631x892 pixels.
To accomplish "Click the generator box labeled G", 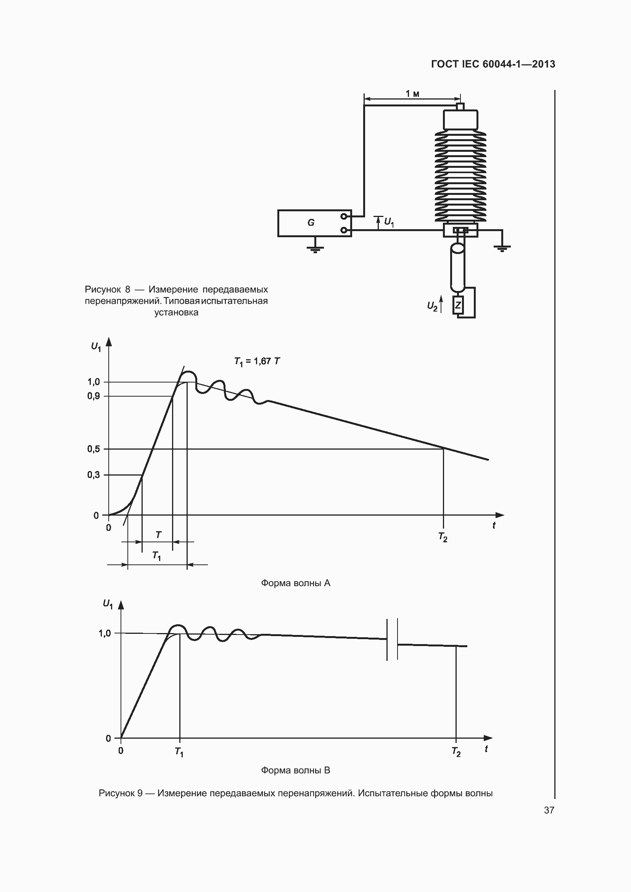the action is coord(315,223).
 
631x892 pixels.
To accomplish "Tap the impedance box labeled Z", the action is coord(458,305).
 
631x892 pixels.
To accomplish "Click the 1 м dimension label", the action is coord(412,94).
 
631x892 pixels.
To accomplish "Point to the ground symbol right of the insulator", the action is coord(502,248).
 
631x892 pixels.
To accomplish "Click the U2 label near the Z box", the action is coord(433,306).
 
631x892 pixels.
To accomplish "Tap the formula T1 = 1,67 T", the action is coord(257,362).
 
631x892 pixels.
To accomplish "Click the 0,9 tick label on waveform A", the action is coord(93,396).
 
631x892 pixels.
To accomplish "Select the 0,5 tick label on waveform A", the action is coord(93,449).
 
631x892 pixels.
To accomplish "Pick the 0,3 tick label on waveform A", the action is coord(93,475).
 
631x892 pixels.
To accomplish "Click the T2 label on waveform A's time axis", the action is coord(443,537).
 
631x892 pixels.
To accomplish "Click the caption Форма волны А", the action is coord(295,583).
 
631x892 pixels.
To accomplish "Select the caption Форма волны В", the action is coord(295,770).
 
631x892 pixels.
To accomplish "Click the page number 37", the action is coord(549,810).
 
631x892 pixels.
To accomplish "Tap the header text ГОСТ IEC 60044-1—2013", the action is coord(493,64).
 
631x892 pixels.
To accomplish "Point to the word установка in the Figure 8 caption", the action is coord(176,312).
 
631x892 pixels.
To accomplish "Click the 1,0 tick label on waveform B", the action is coord(105,633).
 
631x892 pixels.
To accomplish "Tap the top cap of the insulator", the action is coord(460,119).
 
